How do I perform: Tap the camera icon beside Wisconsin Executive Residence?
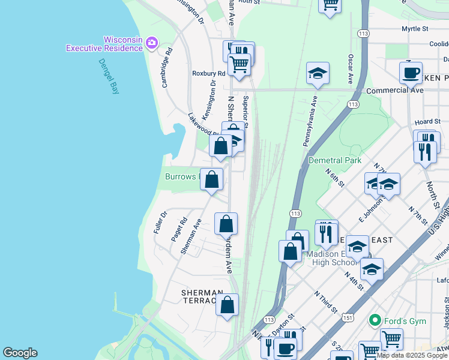(x=152, y=43)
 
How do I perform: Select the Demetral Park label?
(x=334, y=160)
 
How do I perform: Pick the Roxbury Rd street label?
(x=208, y=73)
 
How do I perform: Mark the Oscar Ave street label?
(x=351, y=68)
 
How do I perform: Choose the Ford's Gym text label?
(x=405, y=321)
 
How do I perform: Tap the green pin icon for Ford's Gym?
(x=376, y=321)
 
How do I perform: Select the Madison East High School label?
(x=332, y=258)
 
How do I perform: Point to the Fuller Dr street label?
(x=159, y=223)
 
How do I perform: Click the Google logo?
(x=20, y=353)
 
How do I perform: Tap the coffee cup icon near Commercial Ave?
(x=411, y=73)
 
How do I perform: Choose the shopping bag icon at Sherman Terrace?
(x=228, y=305)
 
